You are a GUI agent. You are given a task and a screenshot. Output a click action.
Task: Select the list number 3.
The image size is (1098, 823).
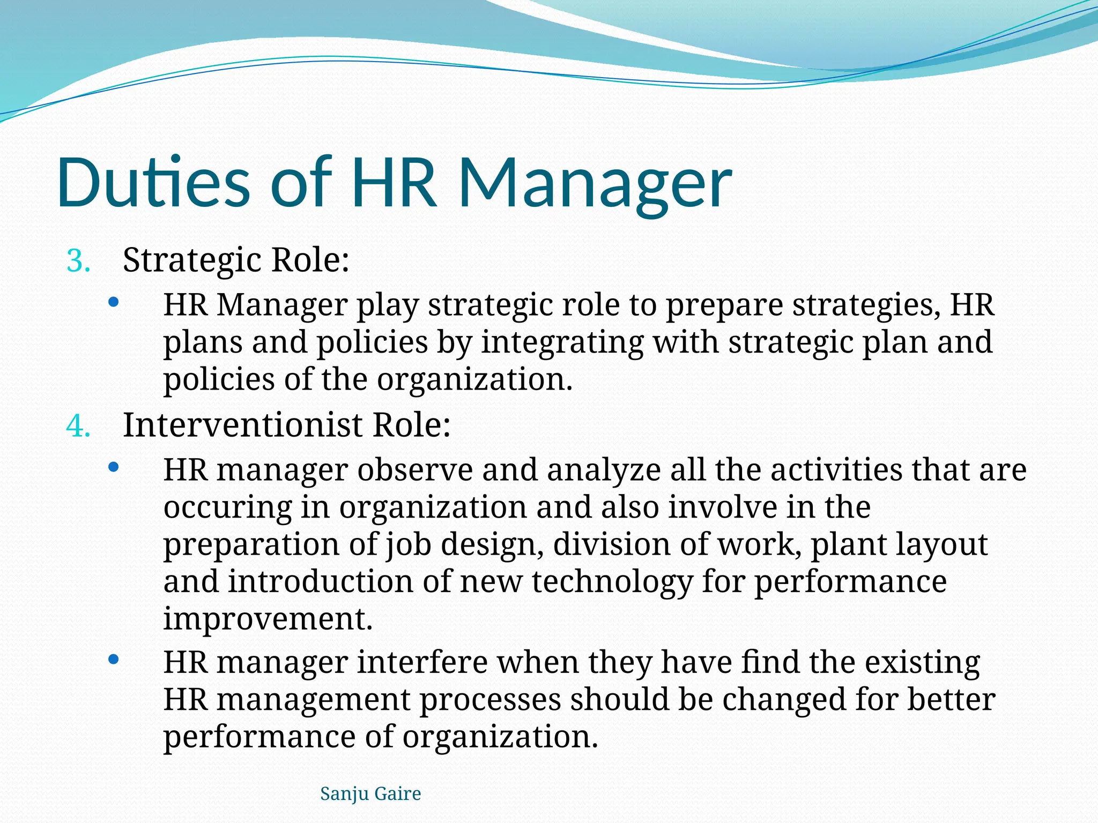(x=78, y=261)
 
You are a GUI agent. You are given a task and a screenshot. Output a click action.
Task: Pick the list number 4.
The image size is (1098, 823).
(x=78, y=427)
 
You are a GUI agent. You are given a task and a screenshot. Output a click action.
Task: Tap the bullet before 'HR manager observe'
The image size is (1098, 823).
(x=113, y=468)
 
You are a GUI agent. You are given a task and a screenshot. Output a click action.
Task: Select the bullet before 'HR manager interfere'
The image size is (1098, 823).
(x=113, y=660)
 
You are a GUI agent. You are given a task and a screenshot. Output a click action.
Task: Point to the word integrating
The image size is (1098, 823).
(x=562, y=343)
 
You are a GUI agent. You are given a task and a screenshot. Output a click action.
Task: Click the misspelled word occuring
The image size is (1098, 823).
(x=228, y=507)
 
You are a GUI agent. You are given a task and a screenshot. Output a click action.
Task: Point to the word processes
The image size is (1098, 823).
(x=490, y=700)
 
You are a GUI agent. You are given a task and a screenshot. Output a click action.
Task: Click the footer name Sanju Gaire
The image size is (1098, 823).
(x=370, y=794)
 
